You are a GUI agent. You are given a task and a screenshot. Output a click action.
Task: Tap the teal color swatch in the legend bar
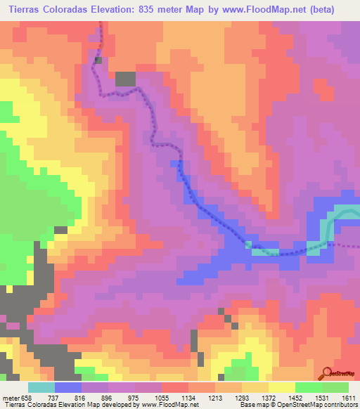41,387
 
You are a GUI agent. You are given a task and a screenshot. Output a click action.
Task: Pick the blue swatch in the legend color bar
68,387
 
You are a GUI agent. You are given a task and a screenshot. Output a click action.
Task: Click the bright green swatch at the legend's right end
335,387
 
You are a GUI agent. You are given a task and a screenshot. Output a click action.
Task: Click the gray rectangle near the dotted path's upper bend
126,79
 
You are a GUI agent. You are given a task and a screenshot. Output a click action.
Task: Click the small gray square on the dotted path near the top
98,60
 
